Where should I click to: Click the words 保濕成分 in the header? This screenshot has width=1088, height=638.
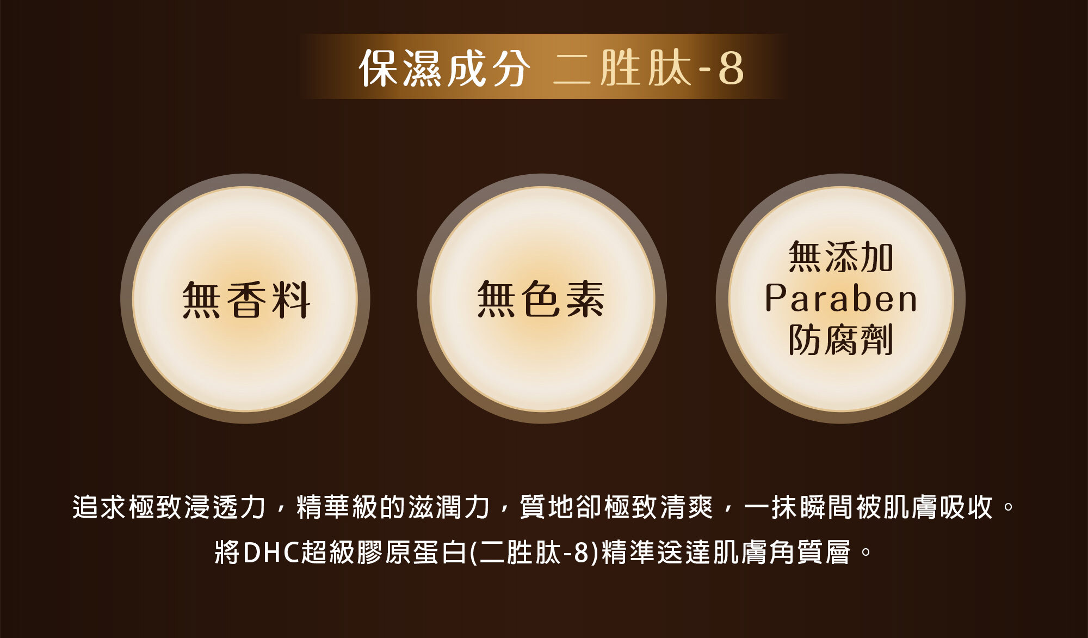tap(444, 68)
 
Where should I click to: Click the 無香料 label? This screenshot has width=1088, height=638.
tap(246, 299)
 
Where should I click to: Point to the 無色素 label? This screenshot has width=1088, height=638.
tap(541, 299)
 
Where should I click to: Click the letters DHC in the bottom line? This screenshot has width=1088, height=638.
tap(271, 552)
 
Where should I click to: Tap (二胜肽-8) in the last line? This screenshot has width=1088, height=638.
tap(534, 552)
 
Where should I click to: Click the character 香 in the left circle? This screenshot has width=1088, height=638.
tap(246, 299)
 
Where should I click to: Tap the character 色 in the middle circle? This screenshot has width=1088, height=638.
tap(541, 299)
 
